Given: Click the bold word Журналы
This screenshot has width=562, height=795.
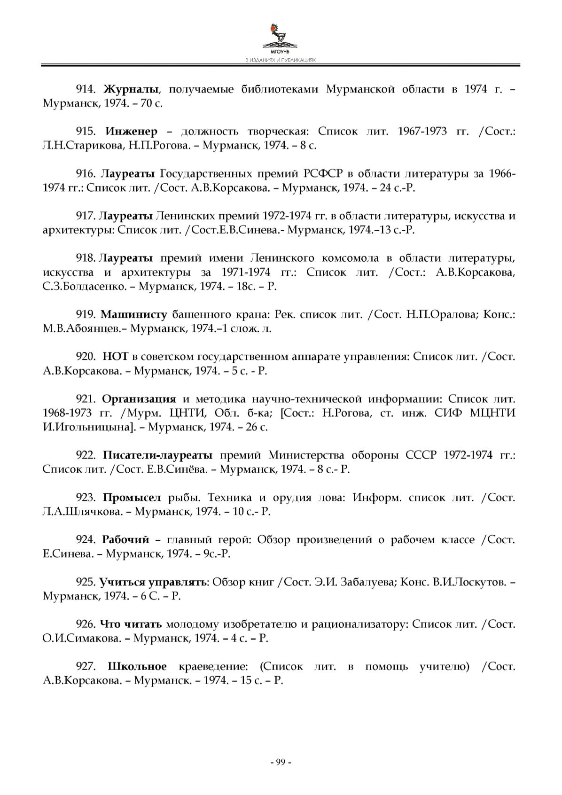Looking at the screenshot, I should tap(131, 89).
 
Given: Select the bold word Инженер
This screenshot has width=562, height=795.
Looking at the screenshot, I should tap(131, 132).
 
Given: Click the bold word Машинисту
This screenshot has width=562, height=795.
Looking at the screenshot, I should tap(134, 314).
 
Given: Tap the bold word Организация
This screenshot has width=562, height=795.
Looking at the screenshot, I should tap(139, 399).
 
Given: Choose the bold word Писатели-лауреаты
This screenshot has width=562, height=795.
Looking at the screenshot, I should tap(157, 455).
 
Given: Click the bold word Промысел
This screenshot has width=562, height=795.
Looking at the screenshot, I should tap(132, 498).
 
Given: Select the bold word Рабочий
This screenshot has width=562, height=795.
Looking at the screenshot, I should tap(125, 540).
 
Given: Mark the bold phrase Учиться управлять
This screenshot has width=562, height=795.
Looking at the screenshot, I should tap(153, 582).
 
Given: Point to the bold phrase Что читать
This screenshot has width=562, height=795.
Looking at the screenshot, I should tap(131, 624).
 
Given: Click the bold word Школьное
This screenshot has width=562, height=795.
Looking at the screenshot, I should tap(137, 667).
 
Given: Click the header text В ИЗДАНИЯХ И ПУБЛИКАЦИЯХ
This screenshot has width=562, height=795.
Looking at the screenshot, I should tap(281, 60).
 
